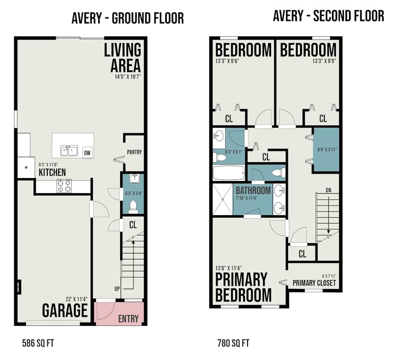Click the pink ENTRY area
pyautogui.click(x=119, y=313)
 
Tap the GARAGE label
pyautogui.click(x=65, y=310)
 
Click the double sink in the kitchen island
pyautogui.click(x=69, y=150)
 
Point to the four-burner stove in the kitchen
pyautogui.click(x=64, y=186)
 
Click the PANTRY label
pyautogui.click(x=134, y=152)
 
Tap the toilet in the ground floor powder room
pyautogui.click(x=134, y=205)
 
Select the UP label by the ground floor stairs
pyautogui.click(x=117, y=289)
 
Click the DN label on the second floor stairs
pyautogui.click(x=328, y=190)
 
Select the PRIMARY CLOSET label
pyautogui.click(x=314, y=283)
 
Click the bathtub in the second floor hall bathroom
pyautogui.click(x=228, y=173)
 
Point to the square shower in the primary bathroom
pyautogui.click(x=222, y=199)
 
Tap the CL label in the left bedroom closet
pyautogui.click(x=229, y=119)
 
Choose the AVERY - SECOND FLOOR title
pyautogui.click(x=328, y=16)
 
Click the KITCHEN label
pyautogui.click(x=52, y=172)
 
